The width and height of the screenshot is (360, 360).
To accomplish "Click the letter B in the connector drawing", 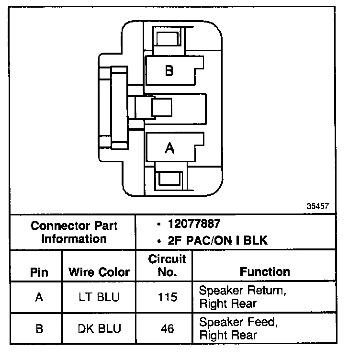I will pyautogui.click(x=169, y=71).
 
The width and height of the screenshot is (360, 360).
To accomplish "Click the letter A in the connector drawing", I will pyautogui.click(x=169, y=149).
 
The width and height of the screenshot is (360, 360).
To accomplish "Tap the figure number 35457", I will pyautogui.click(x=318, y=207).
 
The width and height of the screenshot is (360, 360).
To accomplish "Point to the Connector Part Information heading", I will pyautogui.click(x=74, y=232).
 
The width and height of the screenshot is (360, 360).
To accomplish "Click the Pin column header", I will pyautogui.click(x=39, y=272).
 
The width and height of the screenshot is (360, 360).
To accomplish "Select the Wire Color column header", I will pyautogui.click(x=99, y=272).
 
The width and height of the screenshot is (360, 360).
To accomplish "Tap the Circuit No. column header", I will pyautogui.click(x=167, y=266).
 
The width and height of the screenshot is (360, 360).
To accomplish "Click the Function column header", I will pyautogui.click(x=265, y=272).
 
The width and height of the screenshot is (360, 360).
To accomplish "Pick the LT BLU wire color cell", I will pyautogui.click(x=99, y=297).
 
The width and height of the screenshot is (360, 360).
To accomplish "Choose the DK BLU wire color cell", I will pyautogui.click(x=99, y=328).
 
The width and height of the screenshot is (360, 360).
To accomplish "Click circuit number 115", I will pyautogui.click(x=167, y=297).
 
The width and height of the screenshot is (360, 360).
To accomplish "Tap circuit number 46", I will pyautogui.click(x=167, y=328).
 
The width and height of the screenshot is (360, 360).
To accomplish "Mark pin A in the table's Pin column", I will pyautogui.click(x=39, y=297).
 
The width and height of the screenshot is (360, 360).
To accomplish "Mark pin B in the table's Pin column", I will pyautogui.click(x=39, y=328).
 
